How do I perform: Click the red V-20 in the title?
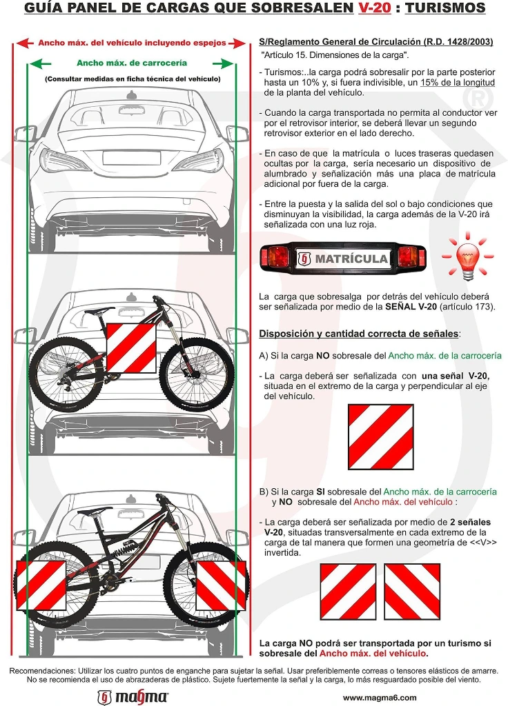(375, 8)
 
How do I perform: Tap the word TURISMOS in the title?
(445, 8)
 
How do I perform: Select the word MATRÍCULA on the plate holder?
(351, 259)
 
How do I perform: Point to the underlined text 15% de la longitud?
(458, 83)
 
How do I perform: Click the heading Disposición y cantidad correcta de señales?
(359, 334)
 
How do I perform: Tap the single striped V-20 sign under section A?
(381, 437)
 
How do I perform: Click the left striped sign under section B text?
(348, 592)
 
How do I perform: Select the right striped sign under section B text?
(412, 592)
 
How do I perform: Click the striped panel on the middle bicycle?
(131, 348)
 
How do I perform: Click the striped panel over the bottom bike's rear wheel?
(41, 585)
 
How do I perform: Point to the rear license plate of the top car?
(132, 159)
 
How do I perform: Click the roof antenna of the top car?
(131, 95)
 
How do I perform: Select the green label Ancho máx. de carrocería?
(132, 63)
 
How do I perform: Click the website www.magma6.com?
(380, 698)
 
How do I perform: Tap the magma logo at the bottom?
(133, 698)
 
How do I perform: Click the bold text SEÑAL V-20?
(411, 307)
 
